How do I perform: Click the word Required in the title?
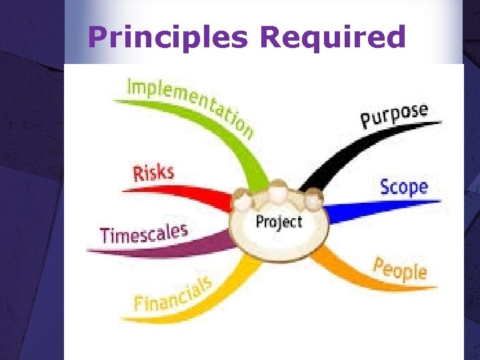click(x=333, y=37)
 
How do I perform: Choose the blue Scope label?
click(x=403, y=187)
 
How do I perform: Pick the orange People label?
click(x=399, y=268)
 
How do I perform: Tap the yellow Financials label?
click(x=172, y=294)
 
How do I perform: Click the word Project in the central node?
click(x=279, y=221)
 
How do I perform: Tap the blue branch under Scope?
click(x=373, y=207)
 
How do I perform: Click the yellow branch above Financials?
click(x=220, y=287)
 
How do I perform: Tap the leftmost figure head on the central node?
click(x=244, y=200)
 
